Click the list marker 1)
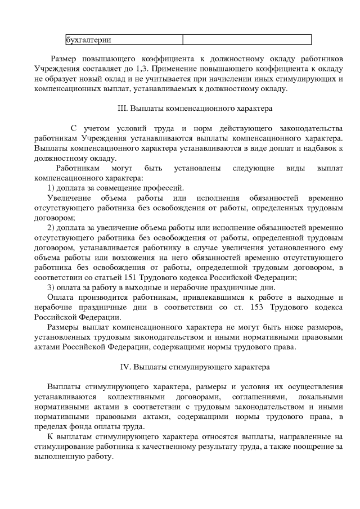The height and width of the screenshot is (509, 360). tap(51, 188)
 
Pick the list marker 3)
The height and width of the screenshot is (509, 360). tap(51, 287)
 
